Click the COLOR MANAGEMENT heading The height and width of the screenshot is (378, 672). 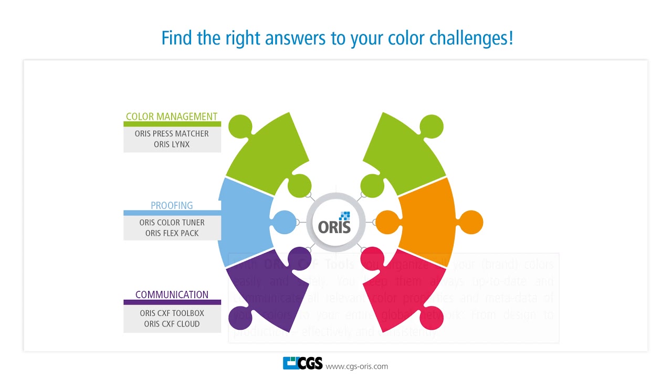tap(172, 117)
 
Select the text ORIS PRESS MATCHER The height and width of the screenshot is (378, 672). tap(172, 133)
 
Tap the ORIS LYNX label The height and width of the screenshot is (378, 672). tap(172, 144)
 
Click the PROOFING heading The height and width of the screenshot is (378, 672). tap(172, 205)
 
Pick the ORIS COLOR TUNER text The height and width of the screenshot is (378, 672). tap(172, 223)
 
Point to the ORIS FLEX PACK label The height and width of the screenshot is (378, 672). tap(172, 233)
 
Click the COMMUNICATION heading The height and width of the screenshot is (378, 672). tap(172, 295)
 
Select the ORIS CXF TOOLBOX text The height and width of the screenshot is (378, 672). tap(172, 313)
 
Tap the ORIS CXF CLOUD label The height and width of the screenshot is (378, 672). tap(172, 324)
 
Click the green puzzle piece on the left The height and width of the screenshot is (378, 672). tap(268, 152)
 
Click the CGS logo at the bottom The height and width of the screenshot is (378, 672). tap(302, 363)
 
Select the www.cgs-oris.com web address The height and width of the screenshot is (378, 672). tap(356, 366)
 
